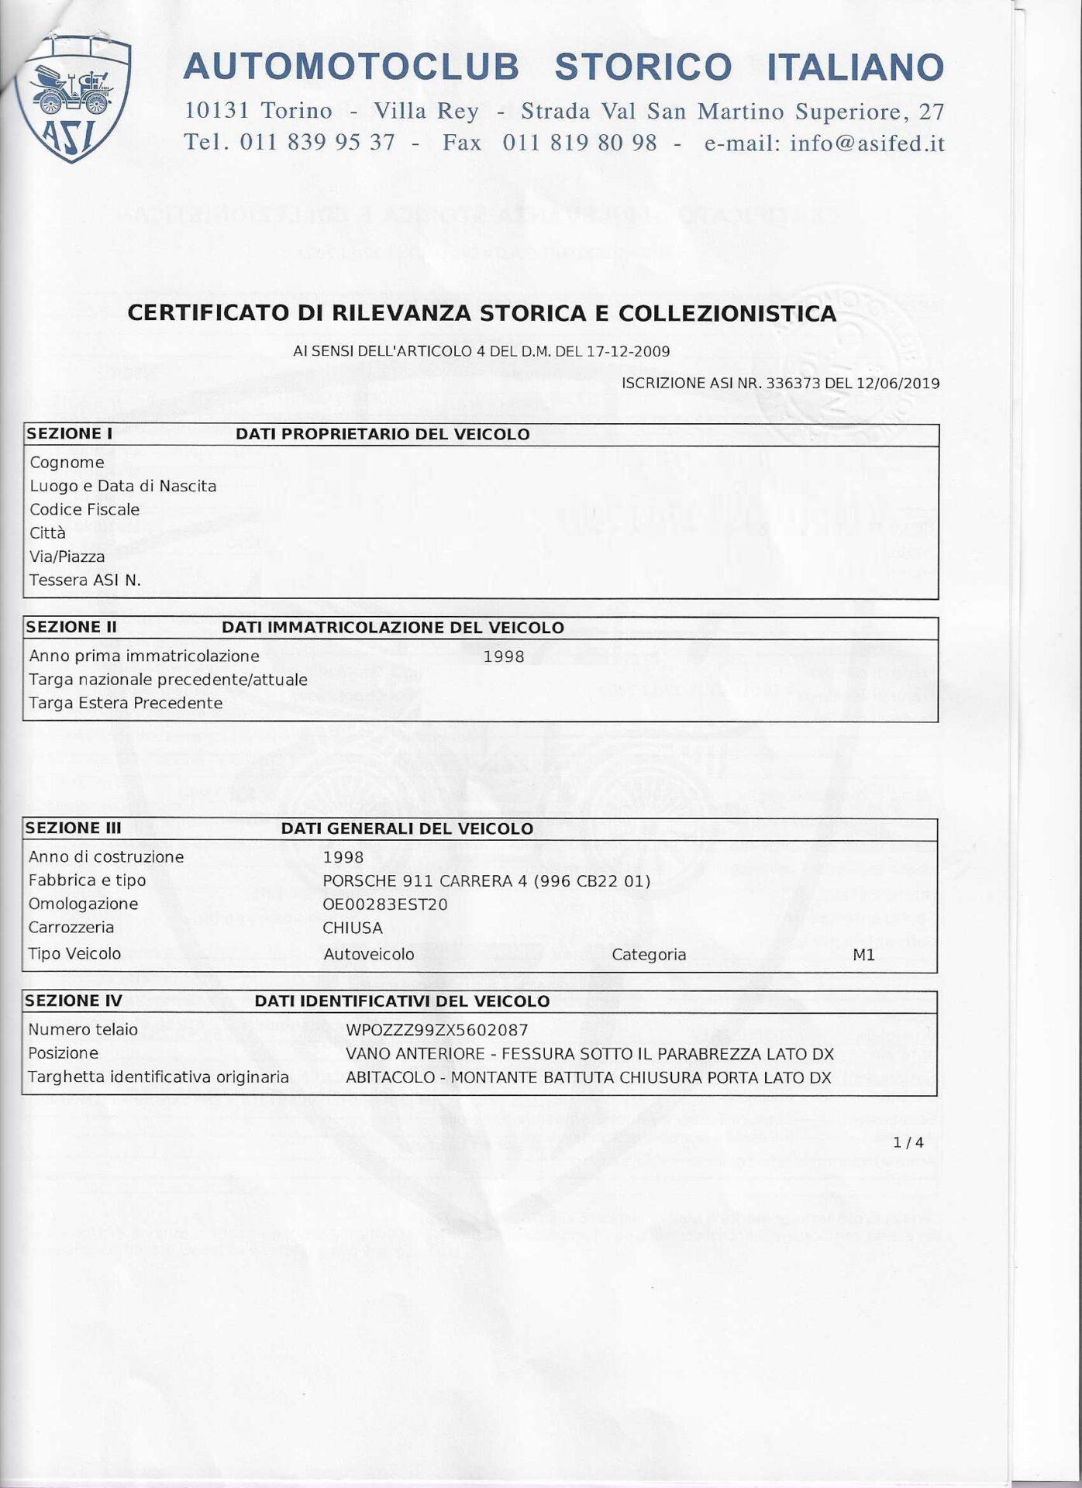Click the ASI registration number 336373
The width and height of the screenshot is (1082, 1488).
(793, 383)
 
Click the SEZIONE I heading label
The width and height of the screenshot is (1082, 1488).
(70, 434)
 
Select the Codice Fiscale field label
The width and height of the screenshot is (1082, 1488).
(84, 509)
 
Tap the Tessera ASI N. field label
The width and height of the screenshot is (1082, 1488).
(85, 580)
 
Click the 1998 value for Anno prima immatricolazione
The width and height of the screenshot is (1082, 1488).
(504, 656)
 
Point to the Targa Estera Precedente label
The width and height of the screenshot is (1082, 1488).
(126, 703)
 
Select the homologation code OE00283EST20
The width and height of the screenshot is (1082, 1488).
(385, 904)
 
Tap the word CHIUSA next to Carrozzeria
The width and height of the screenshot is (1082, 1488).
(353, 928)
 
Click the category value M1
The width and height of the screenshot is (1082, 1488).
(863, 955)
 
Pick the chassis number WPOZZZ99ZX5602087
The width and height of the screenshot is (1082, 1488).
(437, 1030)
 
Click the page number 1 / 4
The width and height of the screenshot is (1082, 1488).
(908, 1142)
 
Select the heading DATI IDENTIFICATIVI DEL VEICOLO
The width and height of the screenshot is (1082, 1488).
(401, 1001)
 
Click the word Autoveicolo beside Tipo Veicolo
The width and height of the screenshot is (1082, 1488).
(369, 954)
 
